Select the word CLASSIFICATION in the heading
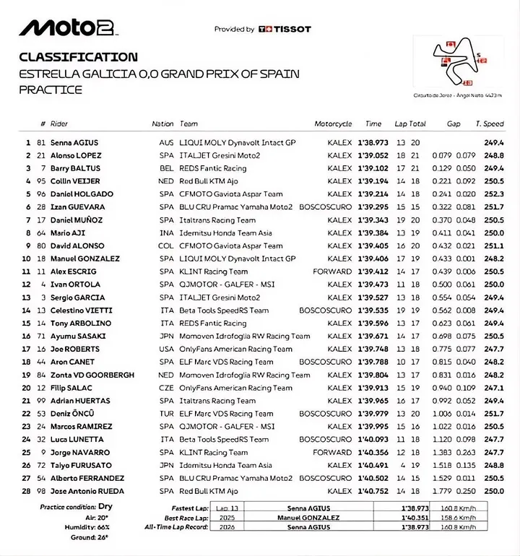[x=78, y=57]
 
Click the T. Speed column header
[x=492, y=124]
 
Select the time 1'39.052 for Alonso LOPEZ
[x=373, y=156]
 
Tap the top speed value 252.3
[x=493, y=194]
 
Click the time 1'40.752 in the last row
[x=373, y=490]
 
